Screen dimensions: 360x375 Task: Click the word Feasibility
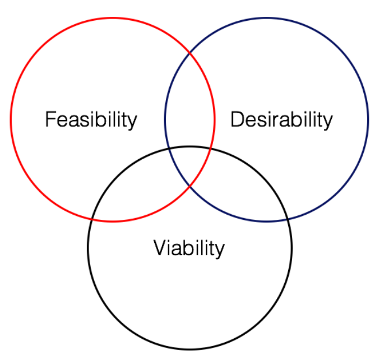click(x=91, y=120)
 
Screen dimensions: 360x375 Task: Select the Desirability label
click(x=281, y=120)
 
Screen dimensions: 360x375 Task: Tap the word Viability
click(x=189, y=248)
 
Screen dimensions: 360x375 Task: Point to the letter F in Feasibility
click(x=50, y=119)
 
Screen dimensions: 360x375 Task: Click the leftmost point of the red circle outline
click(x=11, y=119)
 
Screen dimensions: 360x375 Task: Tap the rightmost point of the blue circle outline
click(x=368, y=119)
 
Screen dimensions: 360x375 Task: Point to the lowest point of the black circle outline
click(x=189, y=349)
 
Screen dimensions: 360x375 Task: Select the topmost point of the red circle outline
click(x=112, y=18)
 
